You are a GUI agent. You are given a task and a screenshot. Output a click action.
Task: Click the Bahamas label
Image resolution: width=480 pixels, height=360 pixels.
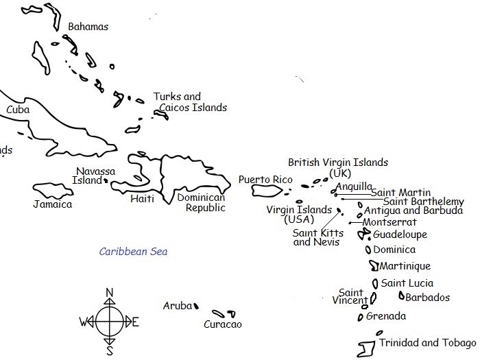point(88,27)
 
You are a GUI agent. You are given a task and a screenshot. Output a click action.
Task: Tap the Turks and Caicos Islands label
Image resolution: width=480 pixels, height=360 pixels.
point(190,102)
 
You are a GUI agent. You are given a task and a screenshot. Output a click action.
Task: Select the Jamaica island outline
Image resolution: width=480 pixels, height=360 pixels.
point(53,191)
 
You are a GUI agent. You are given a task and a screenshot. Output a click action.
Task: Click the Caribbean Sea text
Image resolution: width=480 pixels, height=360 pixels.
point(133,252)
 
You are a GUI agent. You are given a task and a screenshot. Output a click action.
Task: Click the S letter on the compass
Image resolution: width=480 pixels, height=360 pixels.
point(109,352)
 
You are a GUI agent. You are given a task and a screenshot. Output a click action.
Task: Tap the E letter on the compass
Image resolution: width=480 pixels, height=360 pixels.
point(135,322)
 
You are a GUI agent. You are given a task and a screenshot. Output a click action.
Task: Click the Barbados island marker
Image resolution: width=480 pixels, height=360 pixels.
point(401,296)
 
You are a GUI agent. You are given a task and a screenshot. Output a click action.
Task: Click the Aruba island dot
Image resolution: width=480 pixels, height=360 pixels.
point(196,307)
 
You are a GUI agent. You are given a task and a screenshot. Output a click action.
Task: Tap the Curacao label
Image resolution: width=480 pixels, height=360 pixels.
point(223,324)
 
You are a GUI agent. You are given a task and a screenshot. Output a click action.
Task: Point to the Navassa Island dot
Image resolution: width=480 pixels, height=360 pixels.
point(106,181)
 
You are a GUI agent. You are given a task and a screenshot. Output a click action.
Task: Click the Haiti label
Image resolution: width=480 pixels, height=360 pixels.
point(142,199)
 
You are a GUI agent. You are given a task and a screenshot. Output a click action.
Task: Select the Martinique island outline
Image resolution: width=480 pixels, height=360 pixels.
point(374,266)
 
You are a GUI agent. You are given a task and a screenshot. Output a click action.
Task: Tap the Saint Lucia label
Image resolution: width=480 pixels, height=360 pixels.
point(407,283)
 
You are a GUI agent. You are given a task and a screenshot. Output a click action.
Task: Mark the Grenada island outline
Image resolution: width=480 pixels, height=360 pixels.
point(361,317)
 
